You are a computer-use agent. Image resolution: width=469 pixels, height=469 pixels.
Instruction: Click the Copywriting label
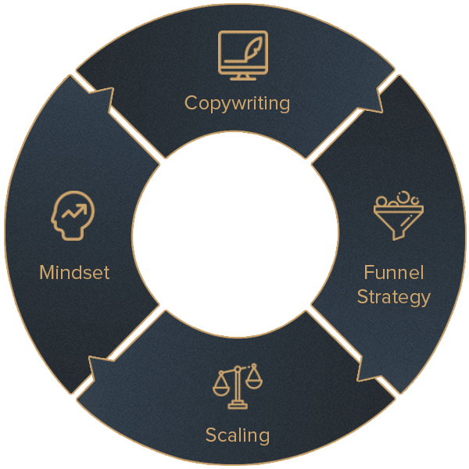click(237, 102)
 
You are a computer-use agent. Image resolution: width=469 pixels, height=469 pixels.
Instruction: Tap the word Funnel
click(393, 273)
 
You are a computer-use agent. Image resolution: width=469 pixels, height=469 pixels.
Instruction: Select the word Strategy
click(393, 297)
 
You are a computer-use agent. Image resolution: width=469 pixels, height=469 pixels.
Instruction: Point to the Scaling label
click(237, 435)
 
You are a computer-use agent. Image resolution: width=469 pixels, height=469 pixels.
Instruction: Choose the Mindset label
click(74, 273)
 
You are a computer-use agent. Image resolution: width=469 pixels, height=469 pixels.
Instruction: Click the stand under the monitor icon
click(242, 77)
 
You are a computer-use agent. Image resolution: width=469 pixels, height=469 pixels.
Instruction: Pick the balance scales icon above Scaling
click(237, 385)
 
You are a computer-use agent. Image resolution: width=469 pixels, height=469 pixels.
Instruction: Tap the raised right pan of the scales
click(255, 380)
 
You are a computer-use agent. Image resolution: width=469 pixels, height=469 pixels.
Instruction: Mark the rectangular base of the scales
click(237, 406)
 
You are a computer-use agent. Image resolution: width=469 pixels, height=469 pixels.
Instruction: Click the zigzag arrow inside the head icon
click(75, 211)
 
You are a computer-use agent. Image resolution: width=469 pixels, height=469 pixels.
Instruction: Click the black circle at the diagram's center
click(235, 234)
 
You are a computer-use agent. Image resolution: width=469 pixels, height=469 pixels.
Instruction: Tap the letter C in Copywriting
click(191, 102)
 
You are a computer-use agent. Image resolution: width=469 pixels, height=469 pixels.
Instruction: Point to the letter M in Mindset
click(47, 273)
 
